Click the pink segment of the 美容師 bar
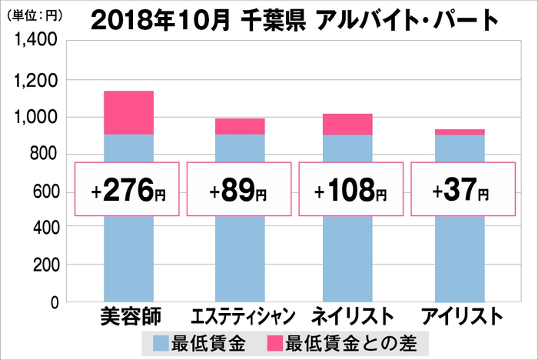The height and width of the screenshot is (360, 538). (128, 112)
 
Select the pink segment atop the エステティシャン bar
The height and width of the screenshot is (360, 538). (240, 126)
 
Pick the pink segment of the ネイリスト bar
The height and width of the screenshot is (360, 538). (348, 124)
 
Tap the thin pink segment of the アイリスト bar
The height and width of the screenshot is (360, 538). (460, 132)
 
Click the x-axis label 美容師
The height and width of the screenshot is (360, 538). (128, 316)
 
